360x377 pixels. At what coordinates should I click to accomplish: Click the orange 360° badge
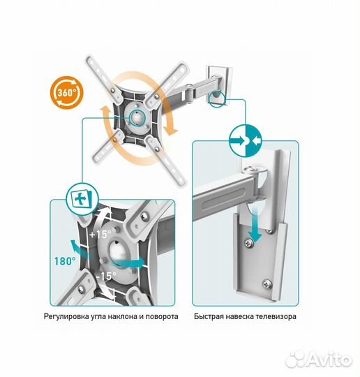66,93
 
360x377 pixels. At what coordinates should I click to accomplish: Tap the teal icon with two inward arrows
245,140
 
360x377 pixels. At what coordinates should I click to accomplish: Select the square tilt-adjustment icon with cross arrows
82,199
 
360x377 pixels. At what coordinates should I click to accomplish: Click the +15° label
100,234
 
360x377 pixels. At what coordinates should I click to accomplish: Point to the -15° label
106,276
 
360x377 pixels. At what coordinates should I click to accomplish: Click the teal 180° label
65,261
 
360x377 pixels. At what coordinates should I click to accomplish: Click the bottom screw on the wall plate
267,284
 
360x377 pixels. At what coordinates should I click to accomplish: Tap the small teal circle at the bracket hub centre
137,117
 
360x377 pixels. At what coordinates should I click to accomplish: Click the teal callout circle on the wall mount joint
217,99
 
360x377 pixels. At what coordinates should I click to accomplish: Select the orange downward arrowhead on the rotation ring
170,131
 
